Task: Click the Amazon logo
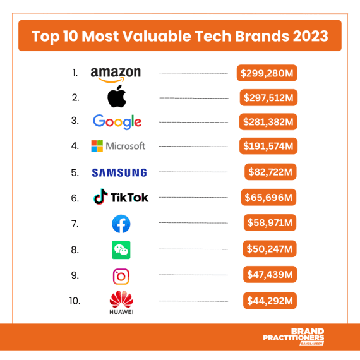(x=116, y=74)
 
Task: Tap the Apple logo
(x=117, y=97)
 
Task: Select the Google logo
(x=117, y=121)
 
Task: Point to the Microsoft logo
(x=118, y=146)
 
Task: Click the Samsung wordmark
(x=119, y=172)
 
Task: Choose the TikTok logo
(x=121, y=197)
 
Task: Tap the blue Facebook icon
(x=121, y=224)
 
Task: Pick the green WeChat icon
(x=121, y=250)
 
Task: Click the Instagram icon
(x=121, y=276)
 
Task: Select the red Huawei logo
(x=121, y=301)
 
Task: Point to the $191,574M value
(x=268, y=146)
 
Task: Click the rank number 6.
(x=75, y=198)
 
